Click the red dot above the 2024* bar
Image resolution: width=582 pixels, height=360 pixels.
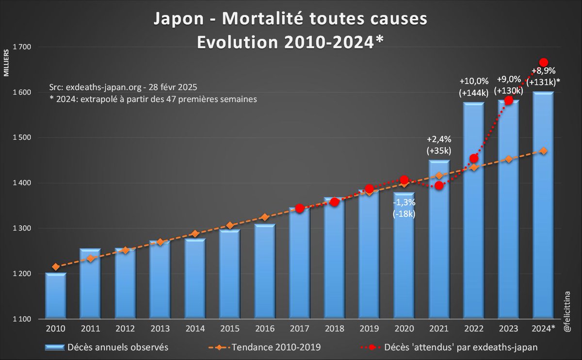tap(544, 63)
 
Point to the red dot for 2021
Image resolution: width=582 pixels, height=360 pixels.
tap(439, 185)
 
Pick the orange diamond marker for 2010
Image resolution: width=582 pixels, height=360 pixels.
tap(56, 266)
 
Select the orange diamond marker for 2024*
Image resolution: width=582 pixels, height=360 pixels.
tap(544, 151)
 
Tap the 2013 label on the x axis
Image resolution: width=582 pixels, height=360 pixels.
tap(160, 328)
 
